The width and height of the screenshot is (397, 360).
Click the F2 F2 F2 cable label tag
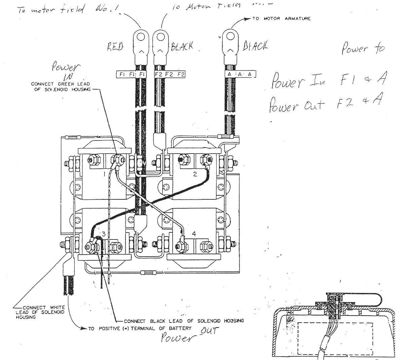[x=170, y=74]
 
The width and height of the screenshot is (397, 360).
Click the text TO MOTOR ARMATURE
[x=281, y=19]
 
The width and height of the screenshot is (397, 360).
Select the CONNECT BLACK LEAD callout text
[x=184, y=321]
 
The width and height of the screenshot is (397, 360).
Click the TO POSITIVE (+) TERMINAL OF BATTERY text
[x=140, y=328]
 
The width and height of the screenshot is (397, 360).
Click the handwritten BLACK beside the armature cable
[x=256, y=45]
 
